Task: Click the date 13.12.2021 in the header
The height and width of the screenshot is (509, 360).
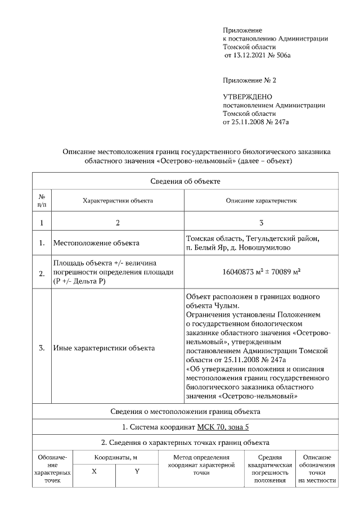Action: [251, 56]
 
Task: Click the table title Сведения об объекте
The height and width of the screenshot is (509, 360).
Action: [185, 181]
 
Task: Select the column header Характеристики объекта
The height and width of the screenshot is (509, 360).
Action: [118, 200]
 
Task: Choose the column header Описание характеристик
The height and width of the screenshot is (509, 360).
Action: [261, 200]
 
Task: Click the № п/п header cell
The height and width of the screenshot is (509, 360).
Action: [42, 200]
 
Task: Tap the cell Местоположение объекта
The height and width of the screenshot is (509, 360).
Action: [96, 244]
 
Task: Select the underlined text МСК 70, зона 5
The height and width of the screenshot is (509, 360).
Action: [223, 427]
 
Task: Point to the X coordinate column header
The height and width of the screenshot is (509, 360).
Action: [94, 471]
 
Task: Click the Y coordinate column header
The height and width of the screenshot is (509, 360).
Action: [137, 471]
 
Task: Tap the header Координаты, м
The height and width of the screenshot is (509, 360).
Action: [115, 458]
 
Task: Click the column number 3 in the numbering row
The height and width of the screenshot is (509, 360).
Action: [261, 223]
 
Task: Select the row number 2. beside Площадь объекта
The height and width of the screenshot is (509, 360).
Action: [42, 274]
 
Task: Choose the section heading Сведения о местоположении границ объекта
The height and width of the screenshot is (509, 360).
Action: [185, 412]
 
